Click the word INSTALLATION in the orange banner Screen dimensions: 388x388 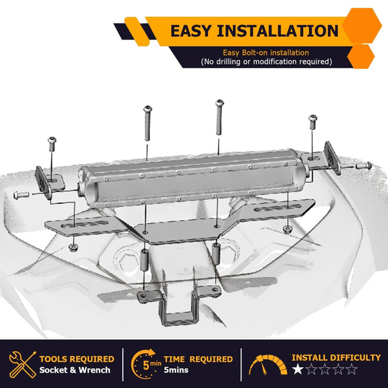(278, 31)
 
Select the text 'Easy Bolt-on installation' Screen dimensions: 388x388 (266, 53)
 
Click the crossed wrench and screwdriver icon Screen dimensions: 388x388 (23, 364)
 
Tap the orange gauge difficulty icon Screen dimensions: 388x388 (268, 365)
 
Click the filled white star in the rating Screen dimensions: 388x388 (298, 369)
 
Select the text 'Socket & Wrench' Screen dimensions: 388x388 (75, 370)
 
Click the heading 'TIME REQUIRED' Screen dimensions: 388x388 (198, 359)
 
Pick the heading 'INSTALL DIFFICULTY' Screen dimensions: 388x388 (336, 358)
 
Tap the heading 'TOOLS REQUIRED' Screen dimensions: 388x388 (77, 359)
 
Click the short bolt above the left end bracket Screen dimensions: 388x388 (52, 144)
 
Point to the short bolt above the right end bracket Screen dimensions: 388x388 (313, 122)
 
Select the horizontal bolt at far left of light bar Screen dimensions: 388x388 (21, 195)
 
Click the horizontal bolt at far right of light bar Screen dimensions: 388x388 (363, 165)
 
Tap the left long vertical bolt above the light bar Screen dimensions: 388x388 (147, 123)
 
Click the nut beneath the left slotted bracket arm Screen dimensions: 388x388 (73, 248)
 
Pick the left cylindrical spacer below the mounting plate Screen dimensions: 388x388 (144, 260)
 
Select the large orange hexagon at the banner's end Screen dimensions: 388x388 (362, 25)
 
